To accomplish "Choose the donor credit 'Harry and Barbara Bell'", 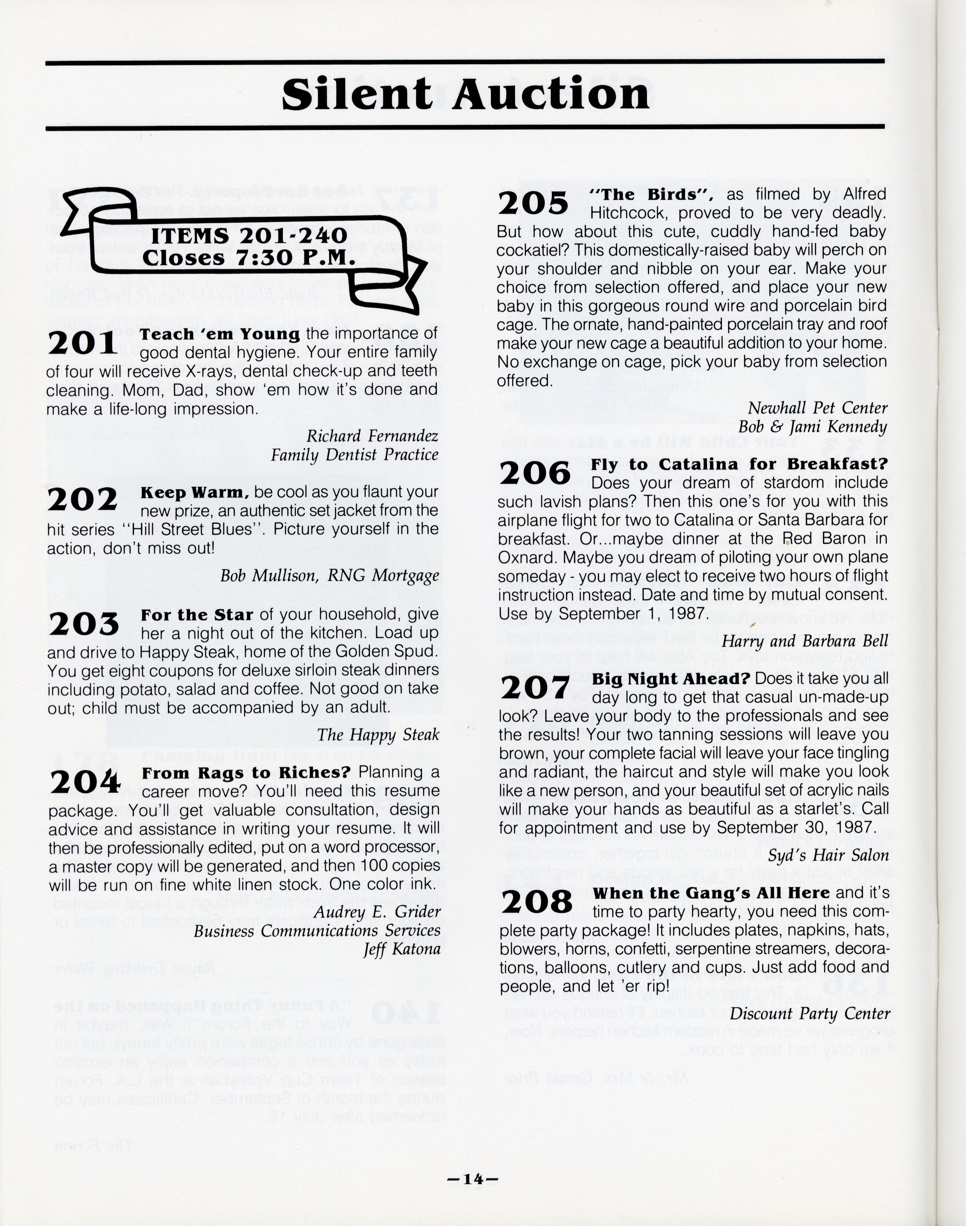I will click(x=804, y=640).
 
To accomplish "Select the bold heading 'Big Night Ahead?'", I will click(x=671, y=678).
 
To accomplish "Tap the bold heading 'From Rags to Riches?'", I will click(x=246, y=772).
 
